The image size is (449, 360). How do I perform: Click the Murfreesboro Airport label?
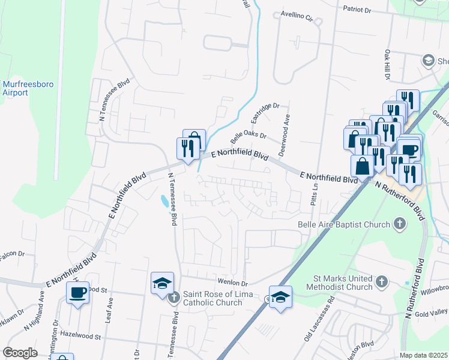tap(28, 88)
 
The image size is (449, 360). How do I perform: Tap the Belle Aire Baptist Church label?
tap(344, 224)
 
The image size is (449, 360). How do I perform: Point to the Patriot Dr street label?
tap(366, 10)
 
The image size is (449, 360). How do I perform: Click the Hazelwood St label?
tap(80, 337)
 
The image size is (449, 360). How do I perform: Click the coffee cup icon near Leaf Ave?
tap(77, 293)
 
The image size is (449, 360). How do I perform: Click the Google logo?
tap(20, 352)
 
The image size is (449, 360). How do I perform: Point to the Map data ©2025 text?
tap(423, 355)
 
